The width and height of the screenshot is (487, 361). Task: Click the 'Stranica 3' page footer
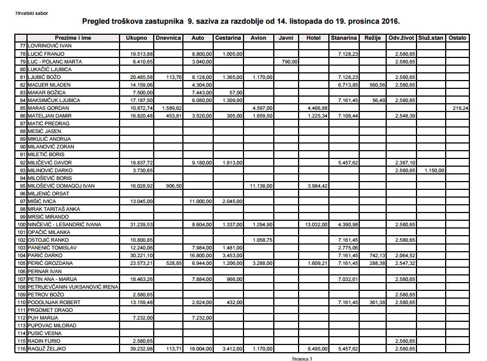pyautogui.click(x=301, y=358)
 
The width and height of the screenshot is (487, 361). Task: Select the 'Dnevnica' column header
pyautogui.click(x=169, y=38)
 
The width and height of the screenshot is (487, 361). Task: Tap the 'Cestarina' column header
pyautogui.click(x=228, y=38)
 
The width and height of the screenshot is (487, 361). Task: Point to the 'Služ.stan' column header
pyautogui.click(x=431, y=38)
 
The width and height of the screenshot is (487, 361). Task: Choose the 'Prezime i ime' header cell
pyautogui.click(x=68, y=38)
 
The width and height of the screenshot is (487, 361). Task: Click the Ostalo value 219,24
pyautogui.click(x=459, y=108)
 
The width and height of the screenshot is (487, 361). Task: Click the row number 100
pyautogui.click(x=22, y=225)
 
